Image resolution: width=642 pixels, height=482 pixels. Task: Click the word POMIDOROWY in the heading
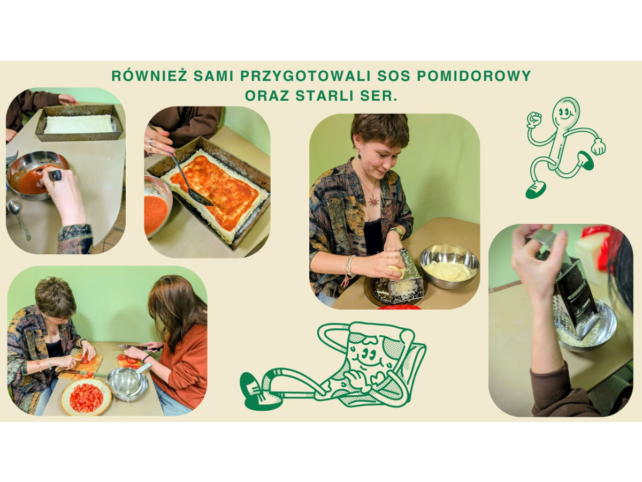click(474, 76)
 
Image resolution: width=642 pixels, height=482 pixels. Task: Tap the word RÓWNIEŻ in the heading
click(149, 76)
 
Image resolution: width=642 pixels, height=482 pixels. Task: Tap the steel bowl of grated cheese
click(449, 266)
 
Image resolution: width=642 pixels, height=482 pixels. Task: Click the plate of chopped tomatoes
click(86, 397)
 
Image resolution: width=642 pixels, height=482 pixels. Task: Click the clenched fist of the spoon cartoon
click(534, 119)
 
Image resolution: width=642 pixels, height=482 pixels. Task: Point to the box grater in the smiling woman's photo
click(407, 277)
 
